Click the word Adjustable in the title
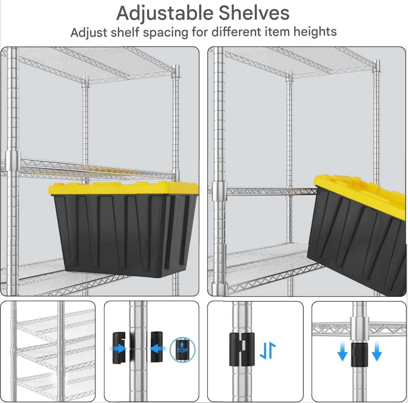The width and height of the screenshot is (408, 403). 165,13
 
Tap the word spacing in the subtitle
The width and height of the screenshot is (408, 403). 165,33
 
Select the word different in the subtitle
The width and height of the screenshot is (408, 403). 236,32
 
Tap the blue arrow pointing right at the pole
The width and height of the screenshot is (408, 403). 117,348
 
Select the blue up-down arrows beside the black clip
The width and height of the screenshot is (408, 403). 268,351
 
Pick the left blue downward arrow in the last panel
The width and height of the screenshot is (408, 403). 342,351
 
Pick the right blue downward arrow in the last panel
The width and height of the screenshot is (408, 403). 377,351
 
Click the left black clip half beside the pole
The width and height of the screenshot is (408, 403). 119,348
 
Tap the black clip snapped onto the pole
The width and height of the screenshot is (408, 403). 242,349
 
